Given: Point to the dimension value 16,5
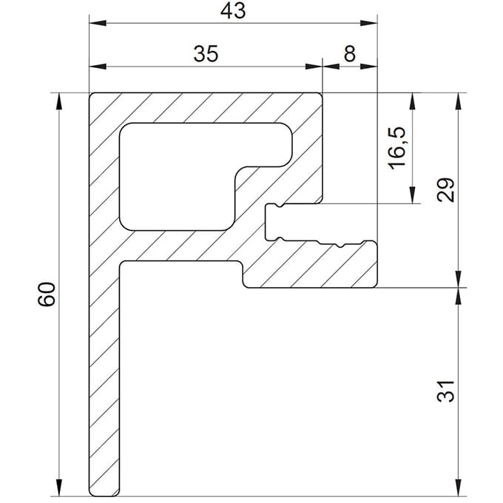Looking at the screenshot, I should (397, 147).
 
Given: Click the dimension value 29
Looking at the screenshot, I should (445, 190).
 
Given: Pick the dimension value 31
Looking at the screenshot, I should (445, 391).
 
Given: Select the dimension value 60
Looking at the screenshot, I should (47, 295).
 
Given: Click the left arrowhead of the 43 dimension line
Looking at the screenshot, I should (94, 23).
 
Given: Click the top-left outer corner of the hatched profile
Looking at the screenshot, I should (91, 94).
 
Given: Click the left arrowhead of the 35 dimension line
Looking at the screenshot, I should (94, 67).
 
